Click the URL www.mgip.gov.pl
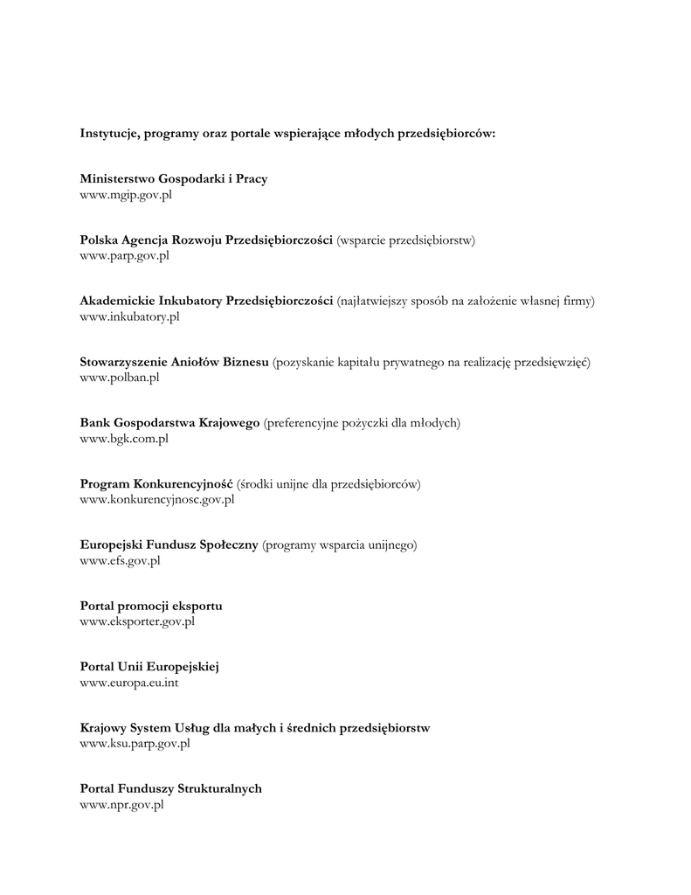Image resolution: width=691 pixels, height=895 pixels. coord(126,195)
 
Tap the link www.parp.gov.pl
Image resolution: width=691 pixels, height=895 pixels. coord(124,256)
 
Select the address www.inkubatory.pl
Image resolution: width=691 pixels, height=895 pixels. coord(129,316)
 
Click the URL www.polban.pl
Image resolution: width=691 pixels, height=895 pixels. coord(120,378)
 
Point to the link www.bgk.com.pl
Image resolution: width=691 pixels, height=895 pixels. coord(124,439)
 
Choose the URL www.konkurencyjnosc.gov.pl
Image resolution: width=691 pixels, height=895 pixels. coord(157,500)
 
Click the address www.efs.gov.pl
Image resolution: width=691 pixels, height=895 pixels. coord(120,561)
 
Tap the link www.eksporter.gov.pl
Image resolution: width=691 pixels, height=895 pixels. coord(137,621)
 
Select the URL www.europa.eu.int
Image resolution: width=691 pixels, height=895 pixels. coord(129,683)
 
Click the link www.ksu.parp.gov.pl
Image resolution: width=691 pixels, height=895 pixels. coord(135,744)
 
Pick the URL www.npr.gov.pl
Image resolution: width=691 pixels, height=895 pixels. coord(122,805)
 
